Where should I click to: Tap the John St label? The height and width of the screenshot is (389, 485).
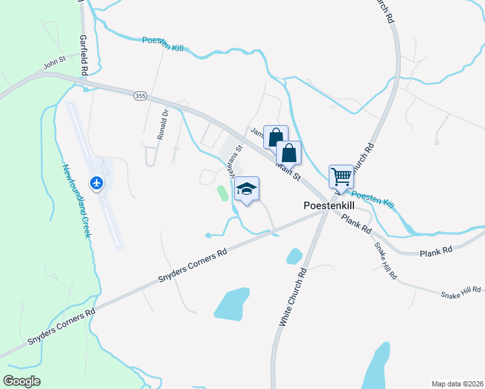[x=55, y=65]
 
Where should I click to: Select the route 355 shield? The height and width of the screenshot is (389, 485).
[x=140, y=96]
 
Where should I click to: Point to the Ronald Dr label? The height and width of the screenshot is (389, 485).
[x=162, y=124]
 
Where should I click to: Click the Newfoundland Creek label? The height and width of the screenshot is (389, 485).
[x=75, y=200]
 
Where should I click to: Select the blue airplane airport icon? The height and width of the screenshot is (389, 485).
[x=97, y=183]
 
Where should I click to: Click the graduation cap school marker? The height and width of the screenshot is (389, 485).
[x=246, y=189]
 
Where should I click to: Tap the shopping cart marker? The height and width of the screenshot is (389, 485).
[x=341, y=175]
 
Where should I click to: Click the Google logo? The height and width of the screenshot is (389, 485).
[x=22, y=381]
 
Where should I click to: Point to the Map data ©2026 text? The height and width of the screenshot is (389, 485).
[x=457, y=383]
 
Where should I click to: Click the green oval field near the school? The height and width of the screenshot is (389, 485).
[x=222, y=193]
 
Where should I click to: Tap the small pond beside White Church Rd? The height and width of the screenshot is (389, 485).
[x=294, y=256]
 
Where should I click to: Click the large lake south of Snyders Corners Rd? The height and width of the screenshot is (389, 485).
[x=231, y=303]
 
